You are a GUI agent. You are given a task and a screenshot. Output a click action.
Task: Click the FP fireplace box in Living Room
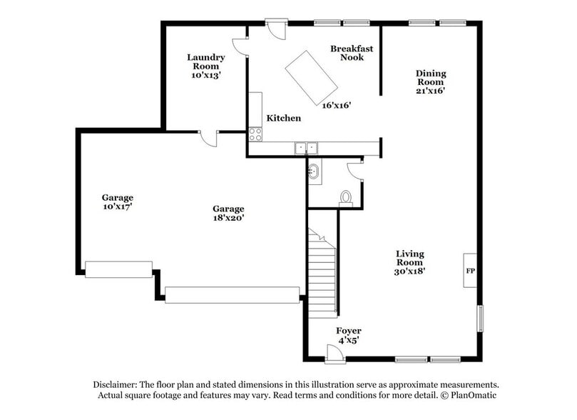point(471,270)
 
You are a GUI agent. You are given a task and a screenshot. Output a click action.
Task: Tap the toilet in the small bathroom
point(347,198)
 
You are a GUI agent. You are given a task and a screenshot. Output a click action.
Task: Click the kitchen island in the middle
point(312,77)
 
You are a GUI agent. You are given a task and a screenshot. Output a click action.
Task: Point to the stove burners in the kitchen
point(255,134)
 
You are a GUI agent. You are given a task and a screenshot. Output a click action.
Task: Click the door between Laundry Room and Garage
point(208,138)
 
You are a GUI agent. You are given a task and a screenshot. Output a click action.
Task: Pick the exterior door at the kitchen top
point(275,29)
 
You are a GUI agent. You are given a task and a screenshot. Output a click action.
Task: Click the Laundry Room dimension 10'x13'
point(206,75)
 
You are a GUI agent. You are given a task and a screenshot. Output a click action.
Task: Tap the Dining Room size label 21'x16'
point(431,91)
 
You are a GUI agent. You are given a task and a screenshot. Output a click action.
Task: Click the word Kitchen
point(284,118)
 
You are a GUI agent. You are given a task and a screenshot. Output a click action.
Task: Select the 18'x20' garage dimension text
point(228,219)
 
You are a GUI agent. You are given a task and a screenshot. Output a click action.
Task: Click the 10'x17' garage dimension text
point(117,207)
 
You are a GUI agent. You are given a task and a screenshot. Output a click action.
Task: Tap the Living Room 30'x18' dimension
point(410,271)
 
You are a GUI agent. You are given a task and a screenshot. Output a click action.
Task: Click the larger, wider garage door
point(232,295)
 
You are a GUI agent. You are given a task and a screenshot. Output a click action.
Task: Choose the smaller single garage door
point(118,269)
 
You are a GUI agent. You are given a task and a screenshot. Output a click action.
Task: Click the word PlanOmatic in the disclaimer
point(469,395)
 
